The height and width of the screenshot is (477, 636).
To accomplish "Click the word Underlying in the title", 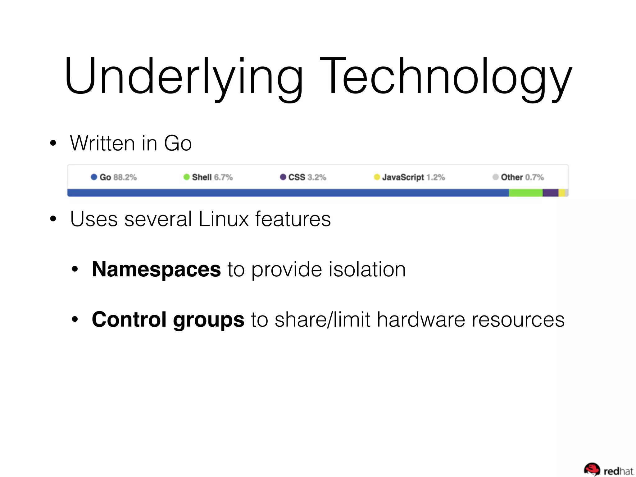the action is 183,76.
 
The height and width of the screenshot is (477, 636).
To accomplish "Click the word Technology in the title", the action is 446,76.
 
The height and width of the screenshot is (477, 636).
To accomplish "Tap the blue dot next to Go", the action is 94,177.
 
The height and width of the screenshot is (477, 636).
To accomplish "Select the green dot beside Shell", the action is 186,177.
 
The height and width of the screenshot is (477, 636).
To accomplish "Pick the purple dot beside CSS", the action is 283,177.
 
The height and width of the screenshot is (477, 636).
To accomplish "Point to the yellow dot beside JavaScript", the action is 377,177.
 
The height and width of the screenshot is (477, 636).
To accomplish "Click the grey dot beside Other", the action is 496,177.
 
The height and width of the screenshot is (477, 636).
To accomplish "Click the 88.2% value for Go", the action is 125,177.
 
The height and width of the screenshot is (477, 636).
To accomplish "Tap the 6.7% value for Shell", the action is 223,177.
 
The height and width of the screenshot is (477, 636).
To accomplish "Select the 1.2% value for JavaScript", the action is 435,177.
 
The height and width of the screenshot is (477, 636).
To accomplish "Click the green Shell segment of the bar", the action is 525,193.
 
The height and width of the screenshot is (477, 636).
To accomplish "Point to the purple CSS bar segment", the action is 550,193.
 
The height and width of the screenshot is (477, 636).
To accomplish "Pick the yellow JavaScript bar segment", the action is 561,193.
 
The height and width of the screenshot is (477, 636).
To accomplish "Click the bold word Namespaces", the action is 156,269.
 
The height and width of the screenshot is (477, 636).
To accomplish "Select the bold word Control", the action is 129,320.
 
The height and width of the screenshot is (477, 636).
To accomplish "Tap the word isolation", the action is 367,269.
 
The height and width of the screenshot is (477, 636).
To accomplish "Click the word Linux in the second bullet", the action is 224,219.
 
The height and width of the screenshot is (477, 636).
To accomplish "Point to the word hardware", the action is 421,320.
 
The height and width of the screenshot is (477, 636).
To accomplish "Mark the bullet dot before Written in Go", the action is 53,143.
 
